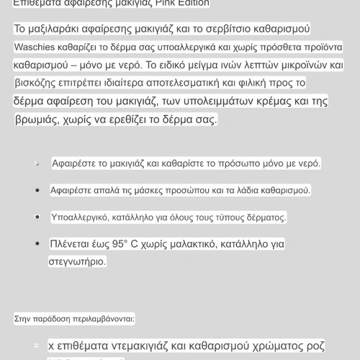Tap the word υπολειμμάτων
tap(228, 100)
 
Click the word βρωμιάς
tap(37, 119)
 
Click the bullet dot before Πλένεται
tap(37, 244)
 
